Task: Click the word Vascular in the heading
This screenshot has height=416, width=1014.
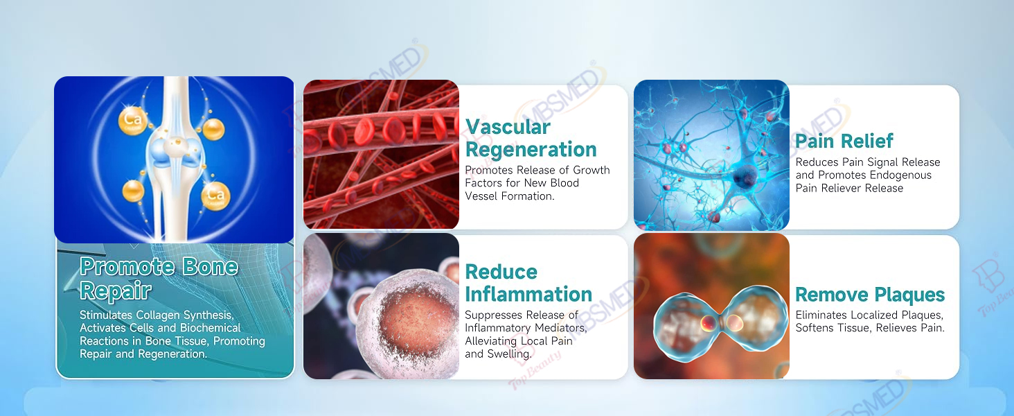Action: point(508,127)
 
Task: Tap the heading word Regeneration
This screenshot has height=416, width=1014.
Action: point(531,150)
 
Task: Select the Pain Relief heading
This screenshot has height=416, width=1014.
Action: point(844,141)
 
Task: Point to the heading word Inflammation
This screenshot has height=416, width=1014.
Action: point(528,294)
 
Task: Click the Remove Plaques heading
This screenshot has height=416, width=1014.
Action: point(870,295)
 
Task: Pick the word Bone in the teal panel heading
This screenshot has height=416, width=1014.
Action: point(210,266)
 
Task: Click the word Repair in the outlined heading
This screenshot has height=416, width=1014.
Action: point(116,291)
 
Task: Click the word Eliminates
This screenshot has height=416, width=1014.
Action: point(821,315)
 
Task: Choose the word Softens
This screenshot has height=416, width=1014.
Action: point(814,328)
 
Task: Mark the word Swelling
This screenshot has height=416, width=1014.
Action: point(509,354)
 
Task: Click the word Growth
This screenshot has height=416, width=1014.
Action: point(591,170)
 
